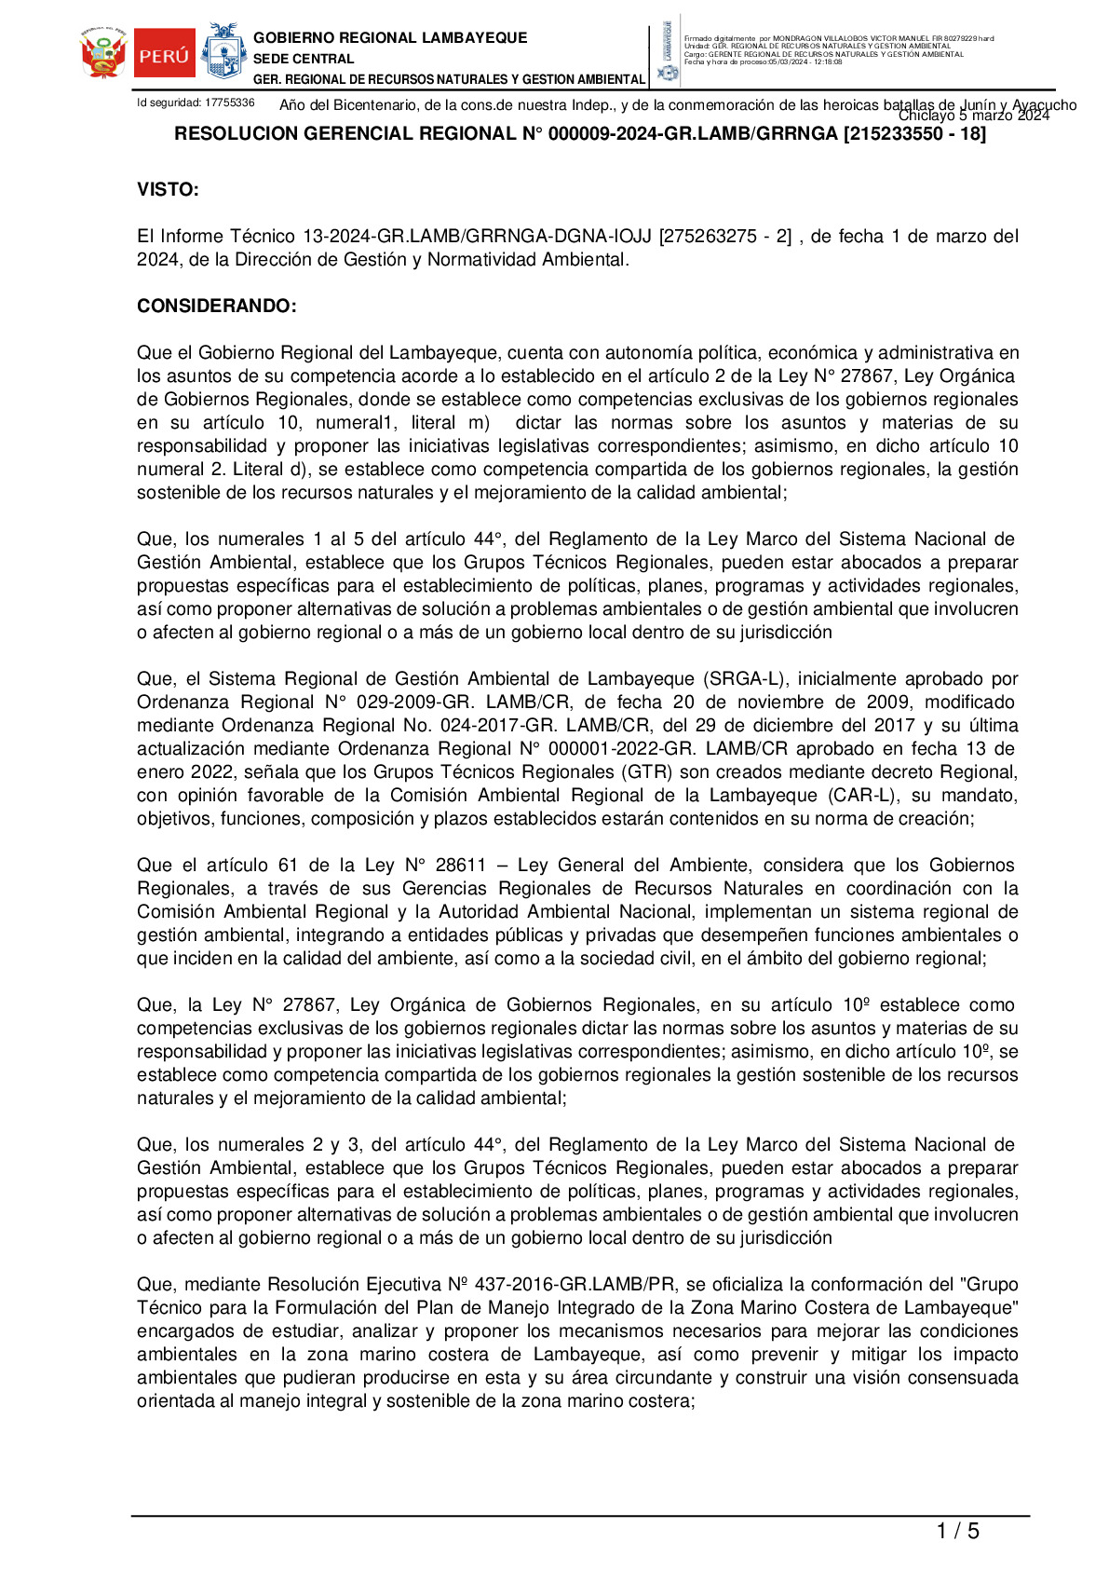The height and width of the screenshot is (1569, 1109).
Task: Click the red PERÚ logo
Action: [165, 54]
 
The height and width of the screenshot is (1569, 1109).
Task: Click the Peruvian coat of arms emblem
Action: [103, 54]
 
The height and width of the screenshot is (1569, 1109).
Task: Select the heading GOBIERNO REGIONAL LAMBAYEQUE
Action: [390, 38]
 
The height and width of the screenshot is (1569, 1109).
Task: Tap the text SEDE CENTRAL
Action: [304, 59]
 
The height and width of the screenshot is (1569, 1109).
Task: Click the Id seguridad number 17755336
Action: [229, 102]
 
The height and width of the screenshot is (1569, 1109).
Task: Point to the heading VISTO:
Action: [168, 190]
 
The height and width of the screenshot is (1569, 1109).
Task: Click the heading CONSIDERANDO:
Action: [217, 307]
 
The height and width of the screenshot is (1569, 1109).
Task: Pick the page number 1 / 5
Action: [957, 1531]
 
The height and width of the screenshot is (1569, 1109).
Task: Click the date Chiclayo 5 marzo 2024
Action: [973, 116]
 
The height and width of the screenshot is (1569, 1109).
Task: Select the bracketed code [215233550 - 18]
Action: [914, 134]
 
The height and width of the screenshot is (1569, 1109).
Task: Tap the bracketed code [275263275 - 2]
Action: [725, 237]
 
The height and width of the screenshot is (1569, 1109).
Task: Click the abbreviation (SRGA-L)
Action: [744, 679]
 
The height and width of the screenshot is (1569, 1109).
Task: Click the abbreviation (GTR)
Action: [646, 772]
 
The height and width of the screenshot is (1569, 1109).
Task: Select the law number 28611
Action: [461, 866]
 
